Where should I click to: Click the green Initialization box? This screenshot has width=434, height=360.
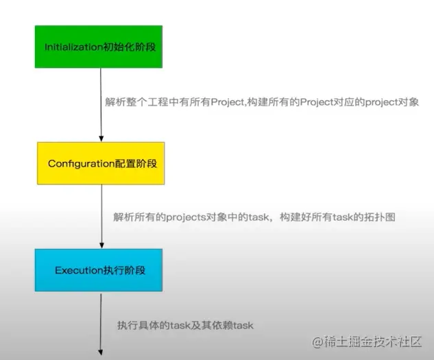coord(99,47)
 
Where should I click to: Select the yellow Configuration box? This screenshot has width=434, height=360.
coord(101,163)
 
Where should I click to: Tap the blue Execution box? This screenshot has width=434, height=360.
coord(99,270)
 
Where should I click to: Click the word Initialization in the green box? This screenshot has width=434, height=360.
coord(73,47)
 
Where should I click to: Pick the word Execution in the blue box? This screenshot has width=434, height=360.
coord(79,270)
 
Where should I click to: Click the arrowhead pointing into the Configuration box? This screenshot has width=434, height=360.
coord(101,139)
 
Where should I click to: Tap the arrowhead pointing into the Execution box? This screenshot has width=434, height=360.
coord(101,245)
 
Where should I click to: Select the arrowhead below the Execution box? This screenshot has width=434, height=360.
coord(101,352)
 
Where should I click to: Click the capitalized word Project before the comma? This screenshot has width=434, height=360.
coord(228,102)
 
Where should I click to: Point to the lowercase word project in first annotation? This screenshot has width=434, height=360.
coord(381,102)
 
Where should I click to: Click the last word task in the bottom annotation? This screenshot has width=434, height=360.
coord(243,326)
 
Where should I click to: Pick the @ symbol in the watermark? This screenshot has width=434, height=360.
coord(317,342)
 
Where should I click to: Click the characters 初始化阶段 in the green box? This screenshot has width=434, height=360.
coord(130,47)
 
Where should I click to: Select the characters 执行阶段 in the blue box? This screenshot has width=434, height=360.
coord(124,270)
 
